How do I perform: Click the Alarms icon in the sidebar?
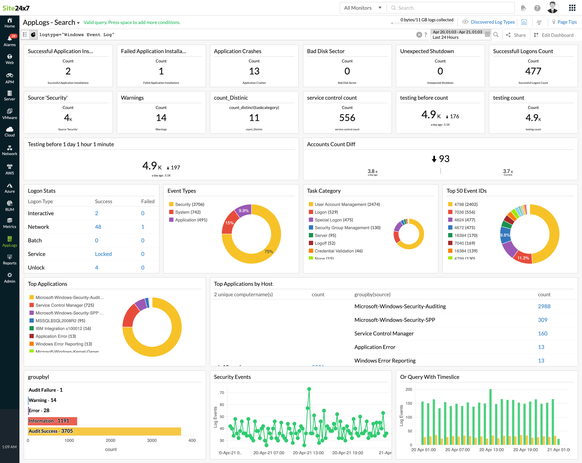tap(10, 40)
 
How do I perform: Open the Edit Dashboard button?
tap(554, 35)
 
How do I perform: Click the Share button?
tap(516, 35)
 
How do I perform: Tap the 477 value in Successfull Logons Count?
tap(533, 71)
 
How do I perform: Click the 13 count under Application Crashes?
tap(254, 71)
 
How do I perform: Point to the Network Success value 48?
tap(98, 227)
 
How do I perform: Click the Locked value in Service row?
tap(103, 254)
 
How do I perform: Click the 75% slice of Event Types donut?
tap(269, 251)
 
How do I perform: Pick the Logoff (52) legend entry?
tap(325, 243)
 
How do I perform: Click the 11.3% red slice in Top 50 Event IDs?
tap(523, 258)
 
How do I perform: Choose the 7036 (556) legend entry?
tap(464, 212)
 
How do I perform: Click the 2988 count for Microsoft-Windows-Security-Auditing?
tap(544, 306)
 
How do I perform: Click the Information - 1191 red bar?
tap(53, 421)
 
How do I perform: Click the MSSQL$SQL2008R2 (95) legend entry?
tap(60, 320)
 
